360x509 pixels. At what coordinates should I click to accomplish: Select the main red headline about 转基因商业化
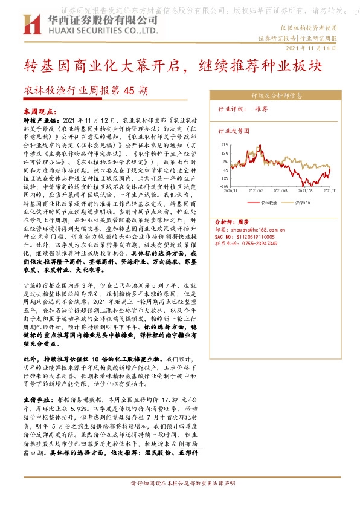tap(173, 64)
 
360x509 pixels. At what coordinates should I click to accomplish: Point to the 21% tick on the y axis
tap(223, 145)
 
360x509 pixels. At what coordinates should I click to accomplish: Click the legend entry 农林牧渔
tap(268, 202)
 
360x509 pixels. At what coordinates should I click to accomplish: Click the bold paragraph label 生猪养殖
tap(37, 400)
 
